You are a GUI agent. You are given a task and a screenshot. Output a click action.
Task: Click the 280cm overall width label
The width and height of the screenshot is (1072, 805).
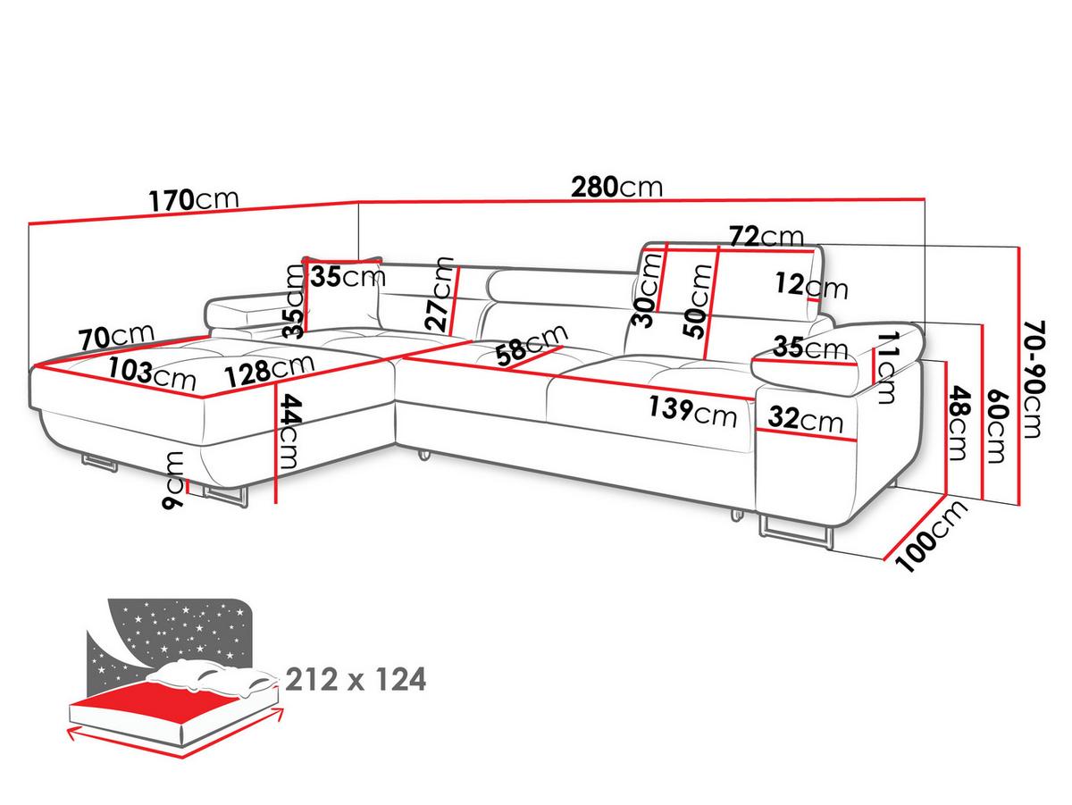click(x=616, y=187)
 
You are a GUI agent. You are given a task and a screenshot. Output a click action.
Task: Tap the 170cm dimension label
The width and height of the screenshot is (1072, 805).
click(x=194, y=200)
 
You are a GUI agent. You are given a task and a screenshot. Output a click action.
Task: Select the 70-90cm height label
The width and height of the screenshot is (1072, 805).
click(x=1034, y=379)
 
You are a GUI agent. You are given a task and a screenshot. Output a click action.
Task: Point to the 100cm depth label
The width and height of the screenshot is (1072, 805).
click(x=931, y=536)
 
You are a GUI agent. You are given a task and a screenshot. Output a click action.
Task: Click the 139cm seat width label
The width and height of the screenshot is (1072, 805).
click(x=692, y=412)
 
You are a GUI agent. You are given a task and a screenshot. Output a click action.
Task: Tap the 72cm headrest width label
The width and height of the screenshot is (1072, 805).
click(x=766, y=237)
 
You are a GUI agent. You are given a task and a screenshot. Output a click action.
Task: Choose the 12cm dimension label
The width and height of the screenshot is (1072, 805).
click(x=812, y=286)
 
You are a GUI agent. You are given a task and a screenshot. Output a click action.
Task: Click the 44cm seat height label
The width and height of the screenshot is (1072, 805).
click(x=291, y=432)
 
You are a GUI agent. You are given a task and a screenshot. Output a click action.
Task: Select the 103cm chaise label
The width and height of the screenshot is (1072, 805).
click(x=152, y=373)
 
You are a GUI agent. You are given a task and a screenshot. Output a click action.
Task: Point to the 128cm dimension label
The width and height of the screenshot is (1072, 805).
click(x=269, y=370)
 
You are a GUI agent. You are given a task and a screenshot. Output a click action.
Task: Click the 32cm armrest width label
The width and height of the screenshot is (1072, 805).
click(x=806, y=420)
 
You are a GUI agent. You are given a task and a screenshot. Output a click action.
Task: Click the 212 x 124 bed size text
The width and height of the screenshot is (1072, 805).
click(x=356, y=679)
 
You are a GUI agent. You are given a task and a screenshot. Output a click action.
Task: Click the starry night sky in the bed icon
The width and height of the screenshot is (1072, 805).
click(x=180, y=630)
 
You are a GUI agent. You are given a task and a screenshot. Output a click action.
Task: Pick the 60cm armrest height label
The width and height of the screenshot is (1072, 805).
click(x=996, y=425)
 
